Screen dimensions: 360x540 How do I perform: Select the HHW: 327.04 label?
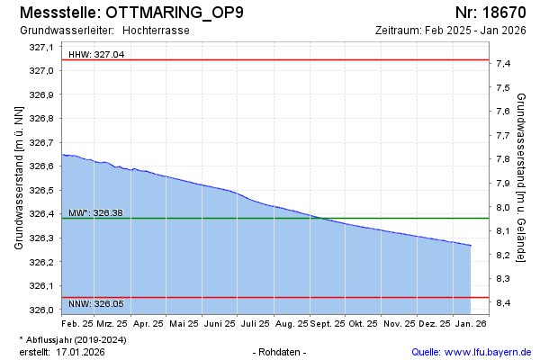[96, 55]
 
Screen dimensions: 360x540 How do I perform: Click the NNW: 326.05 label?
[96, 304]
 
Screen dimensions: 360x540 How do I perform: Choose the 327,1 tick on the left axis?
[42, 47]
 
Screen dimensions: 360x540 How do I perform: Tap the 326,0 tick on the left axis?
[42, 310]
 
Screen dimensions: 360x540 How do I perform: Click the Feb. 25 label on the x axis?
[77, 322]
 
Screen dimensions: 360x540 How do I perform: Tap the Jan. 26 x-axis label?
[471, 322]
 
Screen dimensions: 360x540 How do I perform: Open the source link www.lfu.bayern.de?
[490, 352]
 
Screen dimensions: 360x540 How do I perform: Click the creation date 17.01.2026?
[81, 352]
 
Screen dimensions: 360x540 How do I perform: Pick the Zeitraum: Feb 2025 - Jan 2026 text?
[450, 31]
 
